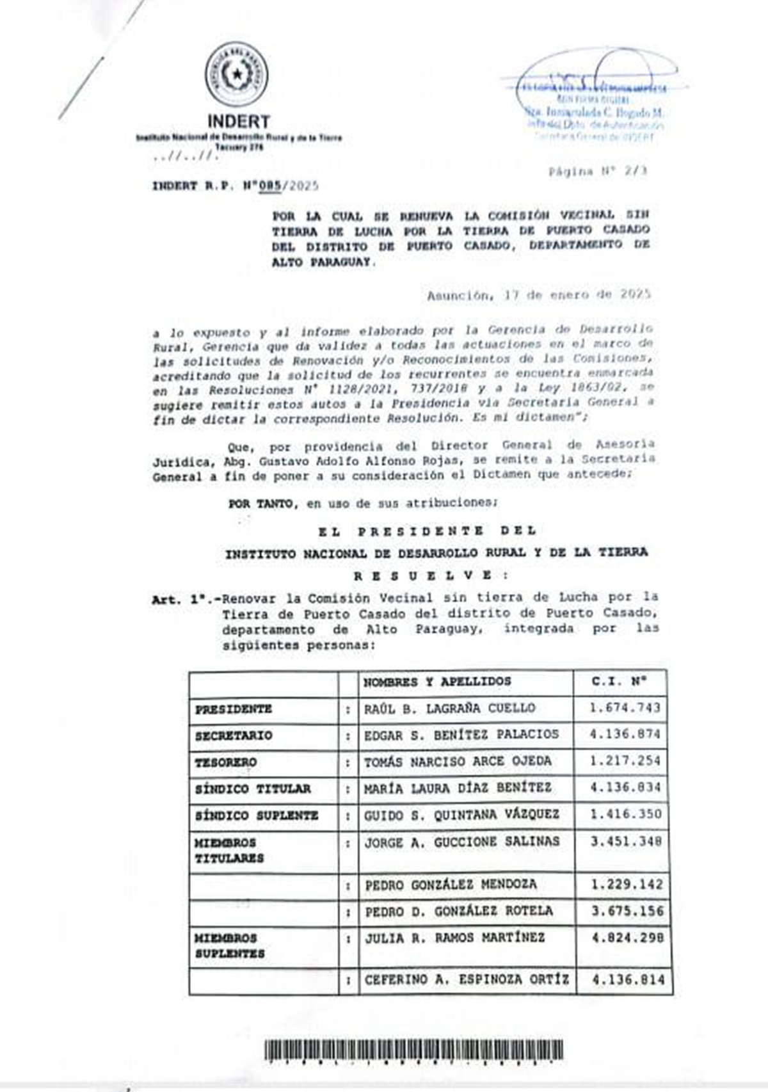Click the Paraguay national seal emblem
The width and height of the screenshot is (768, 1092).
(x=237, y=75)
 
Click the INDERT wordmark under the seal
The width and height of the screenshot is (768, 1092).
(x=238, y=121)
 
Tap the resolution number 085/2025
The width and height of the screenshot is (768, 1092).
(x=287, y=186)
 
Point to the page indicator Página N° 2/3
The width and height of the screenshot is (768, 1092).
(x=597, y=172)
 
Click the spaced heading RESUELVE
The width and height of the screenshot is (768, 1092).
(x=423, y=575)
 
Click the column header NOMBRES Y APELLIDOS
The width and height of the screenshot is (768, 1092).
(x=437, y=682)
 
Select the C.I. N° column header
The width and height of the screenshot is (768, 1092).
(x=620, y=682)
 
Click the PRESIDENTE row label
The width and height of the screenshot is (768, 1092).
(x=234, y=709)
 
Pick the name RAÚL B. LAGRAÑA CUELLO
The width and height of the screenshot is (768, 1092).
(x=449, y=709)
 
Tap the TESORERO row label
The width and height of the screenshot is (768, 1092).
(x=226, y=762)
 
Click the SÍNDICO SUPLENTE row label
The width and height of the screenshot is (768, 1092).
(x=256, y=815)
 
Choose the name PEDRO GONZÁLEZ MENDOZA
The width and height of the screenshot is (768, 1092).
(x=451, y=885)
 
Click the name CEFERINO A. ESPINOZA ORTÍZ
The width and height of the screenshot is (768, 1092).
(x=467, y=980)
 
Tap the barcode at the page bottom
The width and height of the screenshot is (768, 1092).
(x=413, y=1051)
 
